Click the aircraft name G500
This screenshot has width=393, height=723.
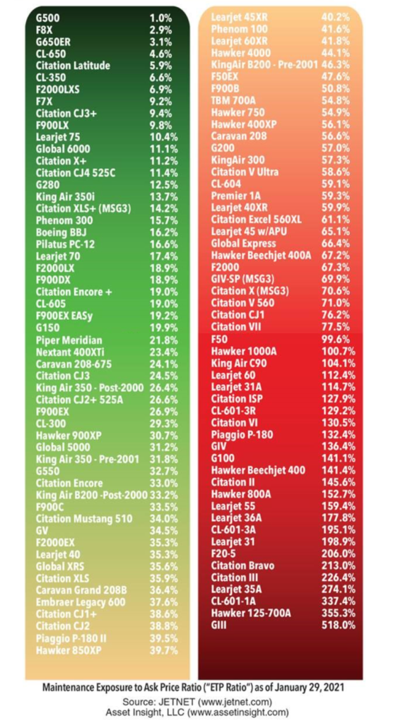47,18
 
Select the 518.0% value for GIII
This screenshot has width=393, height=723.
339,626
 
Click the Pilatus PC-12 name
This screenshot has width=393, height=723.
65,244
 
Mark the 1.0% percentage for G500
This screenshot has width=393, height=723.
160,18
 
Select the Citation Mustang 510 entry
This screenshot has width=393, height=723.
84,519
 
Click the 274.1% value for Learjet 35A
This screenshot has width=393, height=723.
339,590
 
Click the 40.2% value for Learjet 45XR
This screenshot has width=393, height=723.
335,18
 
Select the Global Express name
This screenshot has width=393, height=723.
243,243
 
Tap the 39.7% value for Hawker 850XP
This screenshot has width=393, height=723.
164,650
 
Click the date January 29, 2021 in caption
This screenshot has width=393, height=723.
312,688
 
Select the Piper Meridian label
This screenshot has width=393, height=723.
69,340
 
